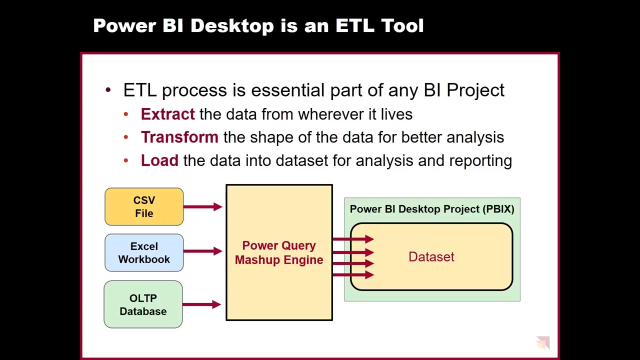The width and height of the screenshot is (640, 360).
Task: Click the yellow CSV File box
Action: click(144, 206)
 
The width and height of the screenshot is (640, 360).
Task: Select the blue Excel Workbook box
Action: click(144, 252)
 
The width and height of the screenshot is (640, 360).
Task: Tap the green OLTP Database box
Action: click(143, 304)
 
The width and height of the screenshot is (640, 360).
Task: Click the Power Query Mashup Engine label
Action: click(279, 252)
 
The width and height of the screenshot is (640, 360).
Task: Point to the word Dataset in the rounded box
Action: click(431, 256)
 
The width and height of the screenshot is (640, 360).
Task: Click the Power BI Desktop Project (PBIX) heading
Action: click(432, 209)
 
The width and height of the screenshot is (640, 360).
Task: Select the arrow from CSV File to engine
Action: click(203, 206)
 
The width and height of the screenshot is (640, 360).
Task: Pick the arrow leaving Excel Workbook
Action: click(203, 251)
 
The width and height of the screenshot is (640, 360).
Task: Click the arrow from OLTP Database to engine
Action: click(201, 304)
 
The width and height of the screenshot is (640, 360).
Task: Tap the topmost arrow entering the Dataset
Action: click(353, 239)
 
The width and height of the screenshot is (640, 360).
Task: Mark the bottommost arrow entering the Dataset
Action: click(353, 275)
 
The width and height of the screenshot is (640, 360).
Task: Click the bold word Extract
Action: click(167, 114)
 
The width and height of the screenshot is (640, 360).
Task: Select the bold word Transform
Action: click(179, 137)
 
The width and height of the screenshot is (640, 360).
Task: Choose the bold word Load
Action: click(159, 160)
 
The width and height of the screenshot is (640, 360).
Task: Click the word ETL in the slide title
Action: click(355, 25)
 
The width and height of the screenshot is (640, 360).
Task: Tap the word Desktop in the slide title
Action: click(232, 25)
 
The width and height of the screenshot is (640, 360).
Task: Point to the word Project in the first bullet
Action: click(475, 91)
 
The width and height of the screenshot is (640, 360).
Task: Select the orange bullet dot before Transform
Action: click(126, 137)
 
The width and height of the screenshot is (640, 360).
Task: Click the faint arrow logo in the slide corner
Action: click(543, 342)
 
